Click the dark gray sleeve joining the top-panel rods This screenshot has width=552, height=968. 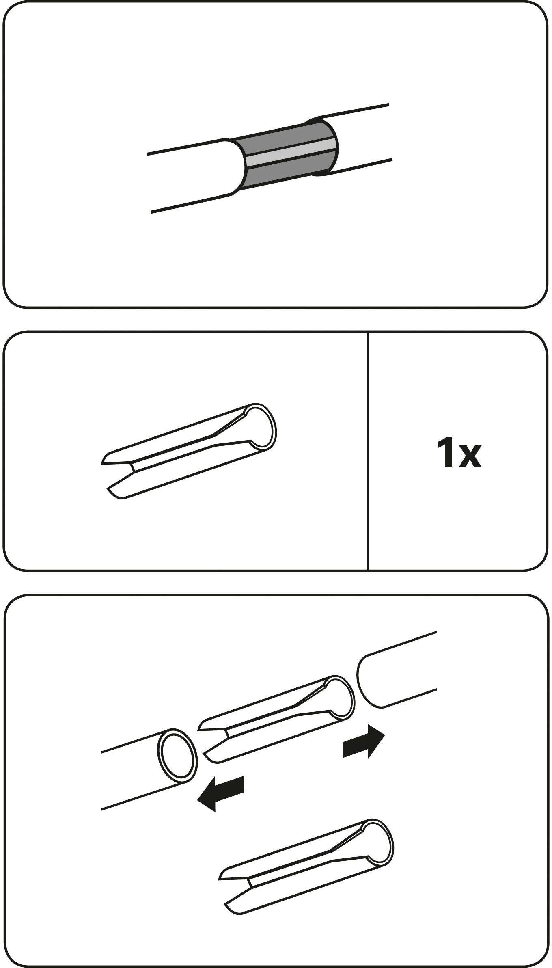288,154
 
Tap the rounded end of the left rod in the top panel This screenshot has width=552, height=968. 235,166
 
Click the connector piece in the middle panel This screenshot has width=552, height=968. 189,451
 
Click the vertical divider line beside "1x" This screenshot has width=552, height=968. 368,451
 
